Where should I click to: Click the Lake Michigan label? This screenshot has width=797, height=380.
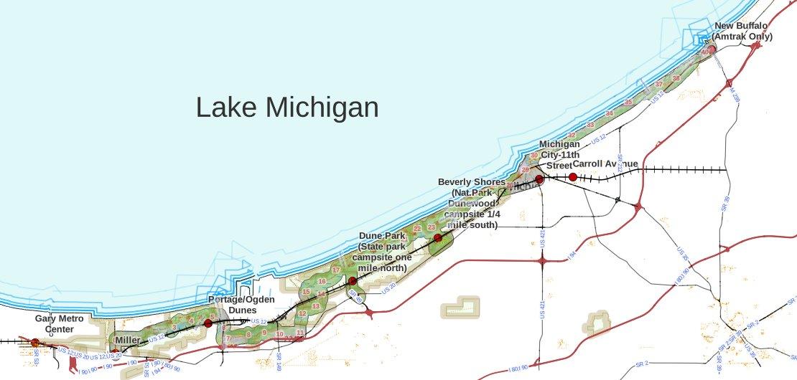pyautogui.click(x=287, y=108)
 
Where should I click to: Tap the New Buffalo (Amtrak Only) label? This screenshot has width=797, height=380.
pyautogui.click(x=743, y=32)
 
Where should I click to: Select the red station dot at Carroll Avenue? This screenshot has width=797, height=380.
pyautogui.click(x=572, y=177)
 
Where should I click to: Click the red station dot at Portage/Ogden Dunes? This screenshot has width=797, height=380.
pyautogui.click(x=208, y=323)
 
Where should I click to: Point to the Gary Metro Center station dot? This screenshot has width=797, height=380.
pyautogui.click(x=35, y=343)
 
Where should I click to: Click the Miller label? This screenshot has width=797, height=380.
pyautogui.click(x=127, y=340)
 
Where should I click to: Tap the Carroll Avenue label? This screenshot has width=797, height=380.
pyautogui.click(x=605, y=163)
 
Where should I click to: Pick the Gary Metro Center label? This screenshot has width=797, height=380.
pyautogui.click(x=60, y=324)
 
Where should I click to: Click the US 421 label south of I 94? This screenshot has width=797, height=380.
pyautogui.click(x=542, y=309)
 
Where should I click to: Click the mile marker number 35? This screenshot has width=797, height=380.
pyautogui.click(x=628, y=103)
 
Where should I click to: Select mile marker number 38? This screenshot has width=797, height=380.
pyautogui.click(x=676, y=78)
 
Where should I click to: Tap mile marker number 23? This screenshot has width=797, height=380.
pyautogui.click(x=431, y=227)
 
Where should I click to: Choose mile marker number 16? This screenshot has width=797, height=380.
pyautogui.click(x=322, y=281)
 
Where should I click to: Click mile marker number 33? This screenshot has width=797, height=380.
pyautogui.click(x=590, y=125)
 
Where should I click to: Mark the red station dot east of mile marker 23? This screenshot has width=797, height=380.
pyautogui.click(x=438, y=238)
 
